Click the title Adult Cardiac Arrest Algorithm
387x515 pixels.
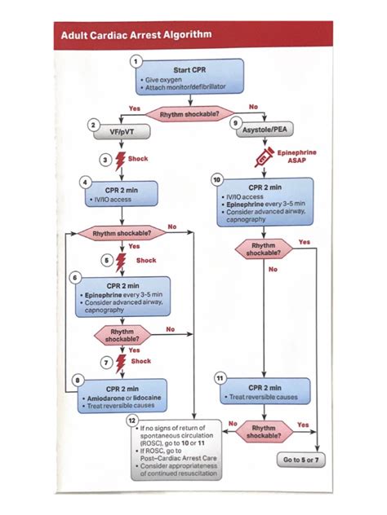point(136,35)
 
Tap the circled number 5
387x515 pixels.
point(106,260)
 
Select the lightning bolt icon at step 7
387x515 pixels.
point(122,361)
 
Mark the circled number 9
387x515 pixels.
point(236,123)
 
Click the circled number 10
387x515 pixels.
point(216,178)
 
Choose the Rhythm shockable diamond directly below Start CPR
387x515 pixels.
point(192,115)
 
